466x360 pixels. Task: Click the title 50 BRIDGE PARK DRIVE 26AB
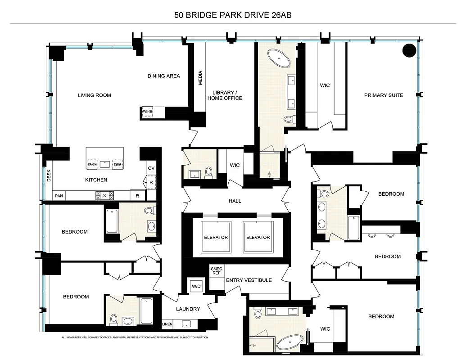pos(233,15)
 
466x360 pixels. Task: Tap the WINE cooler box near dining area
pos(148,112)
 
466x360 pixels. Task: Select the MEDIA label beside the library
pos(200,77)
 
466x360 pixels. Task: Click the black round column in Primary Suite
pos(409,50)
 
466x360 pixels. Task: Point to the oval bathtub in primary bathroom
pos(280,58)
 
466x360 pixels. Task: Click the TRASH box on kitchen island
pos(92,165)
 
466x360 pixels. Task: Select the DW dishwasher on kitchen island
pos(117,165)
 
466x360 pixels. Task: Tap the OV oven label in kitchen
pos(151,168)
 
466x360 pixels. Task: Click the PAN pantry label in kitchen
pos(59,196)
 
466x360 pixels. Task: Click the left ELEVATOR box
pos(216,237)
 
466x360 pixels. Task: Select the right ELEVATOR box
pos(258,237)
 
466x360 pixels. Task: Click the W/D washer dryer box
pos(196,286)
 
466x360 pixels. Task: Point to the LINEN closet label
pos(167,324)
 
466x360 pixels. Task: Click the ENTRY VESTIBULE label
pos(249,280)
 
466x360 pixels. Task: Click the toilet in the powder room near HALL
pos(208,172)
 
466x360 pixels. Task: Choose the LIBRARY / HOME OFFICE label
pos(225,95)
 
